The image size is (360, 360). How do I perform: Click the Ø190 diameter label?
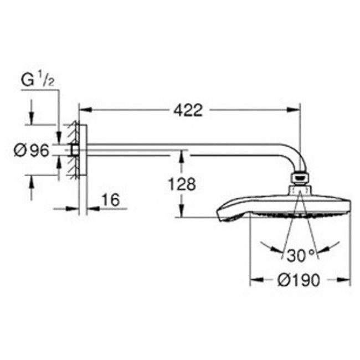click(299, 280)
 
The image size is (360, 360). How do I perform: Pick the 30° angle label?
click(301, 255)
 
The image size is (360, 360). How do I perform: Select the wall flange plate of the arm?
click(81, 150)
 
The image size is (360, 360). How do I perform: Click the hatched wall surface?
click(71, 150)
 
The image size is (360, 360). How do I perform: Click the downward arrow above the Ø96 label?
click(32, 121)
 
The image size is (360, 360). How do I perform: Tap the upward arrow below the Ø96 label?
click(32, 181)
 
